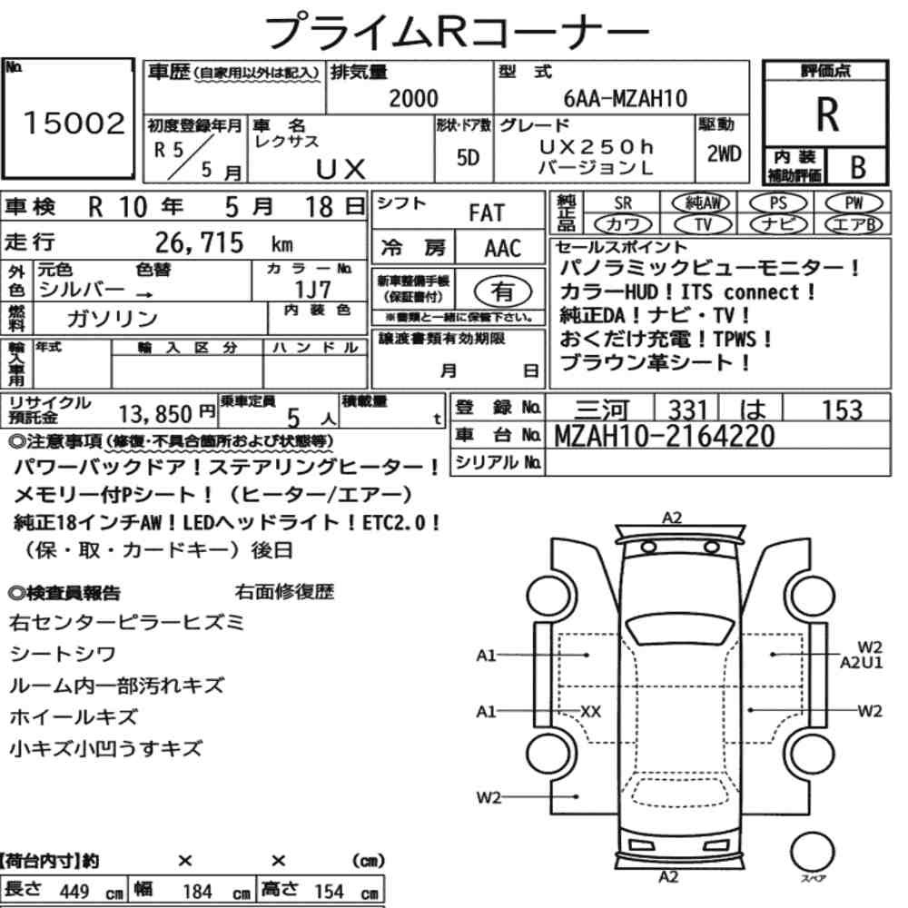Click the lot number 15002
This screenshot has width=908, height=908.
(74, 123)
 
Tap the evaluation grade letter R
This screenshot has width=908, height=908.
(826, 114)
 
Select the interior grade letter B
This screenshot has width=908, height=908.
(858, 167)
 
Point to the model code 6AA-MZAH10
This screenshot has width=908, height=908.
(625, 98)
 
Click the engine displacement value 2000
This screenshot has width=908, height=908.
(413, 98)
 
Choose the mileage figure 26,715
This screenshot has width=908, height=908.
(199, 242)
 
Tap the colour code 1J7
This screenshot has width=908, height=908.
(312, 289)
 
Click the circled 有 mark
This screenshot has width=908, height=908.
(502, 291)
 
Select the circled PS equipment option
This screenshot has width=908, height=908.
(778, 203)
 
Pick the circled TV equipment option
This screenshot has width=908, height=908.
(703, 224)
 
